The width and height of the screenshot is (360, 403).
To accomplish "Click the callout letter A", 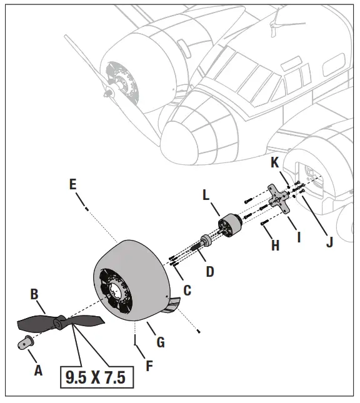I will (37, 370).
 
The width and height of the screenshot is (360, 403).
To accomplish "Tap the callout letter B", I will (36, 293).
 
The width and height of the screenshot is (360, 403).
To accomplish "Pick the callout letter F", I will (149, 365).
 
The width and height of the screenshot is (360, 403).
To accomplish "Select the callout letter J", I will (329, 241).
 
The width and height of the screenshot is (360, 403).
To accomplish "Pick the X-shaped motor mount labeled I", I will (278, 199).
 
